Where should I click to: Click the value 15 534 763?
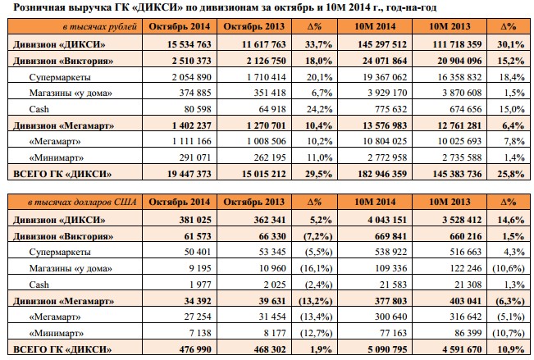(189, 44)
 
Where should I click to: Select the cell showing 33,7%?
(318, 44)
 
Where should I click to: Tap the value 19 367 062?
(385, 77)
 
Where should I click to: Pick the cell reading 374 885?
(195, 93)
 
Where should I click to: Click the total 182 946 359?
(382, 174)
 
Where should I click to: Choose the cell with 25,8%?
(510, 174)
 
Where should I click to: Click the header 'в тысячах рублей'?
(100, 26)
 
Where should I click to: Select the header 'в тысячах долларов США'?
(82, 202)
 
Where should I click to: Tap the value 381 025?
(195, 220)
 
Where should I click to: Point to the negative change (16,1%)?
(316, 268)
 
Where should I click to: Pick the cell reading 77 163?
(393, 333)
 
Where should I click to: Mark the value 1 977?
(200, 285)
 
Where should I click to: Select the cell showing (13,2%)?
(315, 301)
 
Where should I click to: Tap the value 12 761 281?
(459, 125)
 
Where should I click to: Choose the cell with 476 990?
(195, 349)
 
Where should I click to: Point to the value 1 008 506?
(267, 141)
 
